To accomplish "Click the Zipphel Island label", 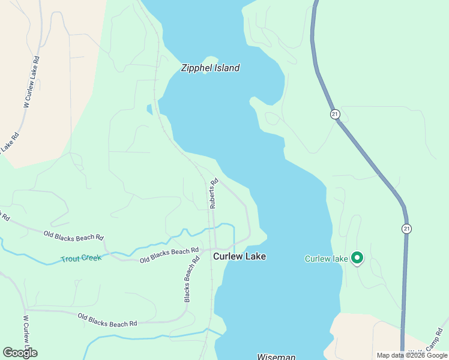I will click(x=210, y=68).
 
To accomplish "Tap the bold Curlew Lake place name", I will click(x=240, y=256).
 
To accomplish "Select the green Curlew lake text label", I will click(x=326, y=259).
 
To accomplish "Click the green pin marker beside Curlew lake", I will click(x=357, y=258).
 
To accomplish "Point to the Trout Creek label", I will click(x=81, y=259).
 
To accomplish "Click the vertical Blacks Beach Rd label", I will click(x=191, y=280).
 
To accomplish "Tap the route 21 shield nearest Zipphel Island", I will click(x=334, y=114).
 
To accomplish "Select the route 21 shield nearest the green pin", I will click(x=407, y=229).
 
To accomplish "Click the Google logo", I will click(x=20, y=353).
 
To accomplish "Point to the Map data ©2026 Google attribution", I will click(x=412, y=355).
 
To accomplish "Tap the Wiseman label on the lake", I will click(x=276, y=357).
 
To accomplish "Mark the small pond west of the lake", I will click(x=149, y=109).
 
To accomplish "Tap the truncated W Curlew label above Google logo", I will click(x=26, y=330).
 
